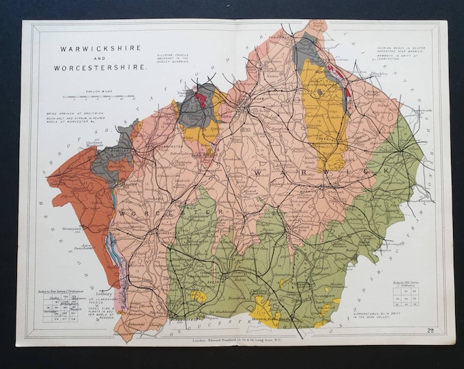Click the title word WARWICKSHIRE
click(x=100, y=49)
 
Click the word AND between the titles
click(x=101, y=58)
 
